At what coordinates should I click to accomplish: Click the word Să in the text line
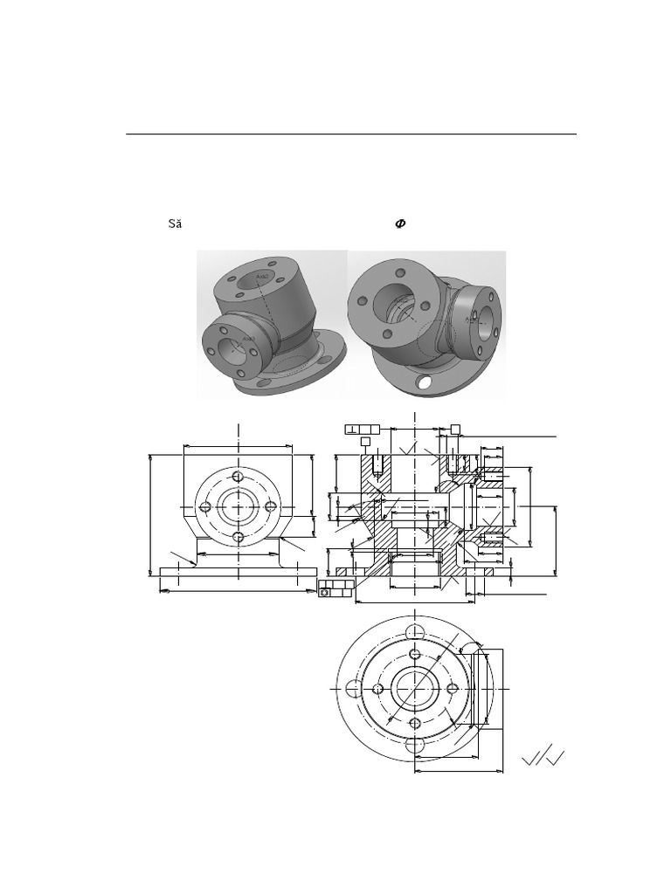coord(175,224)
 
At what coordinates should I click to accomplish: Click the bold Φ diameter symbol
coord(400,224)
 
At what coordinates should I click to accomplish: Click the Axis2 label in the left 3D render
coord(263,277)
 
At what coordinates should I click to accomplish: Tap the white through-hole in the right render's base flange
coord(425,382)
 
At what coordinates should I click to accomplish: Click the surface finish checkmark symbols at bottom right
coord(543,757)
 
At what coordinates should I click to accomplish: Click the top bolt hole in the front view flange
coord(238,477)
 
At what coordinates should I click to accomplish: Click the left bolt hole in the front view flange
coord(204,507)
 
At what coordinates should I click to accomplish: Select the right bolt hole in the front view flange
coord(271,507)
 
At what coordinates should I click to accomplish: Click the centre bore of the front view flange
coord(238,507)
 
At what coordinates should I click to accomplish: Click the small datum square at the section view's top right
coord(455,428)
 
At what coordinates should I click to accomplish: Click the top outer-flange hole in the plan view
coord(414,632)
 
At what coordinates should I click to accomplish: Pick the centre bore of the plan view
coord(414,688)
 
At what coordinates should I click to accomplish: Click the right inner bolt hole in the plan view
coord(452,688)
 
